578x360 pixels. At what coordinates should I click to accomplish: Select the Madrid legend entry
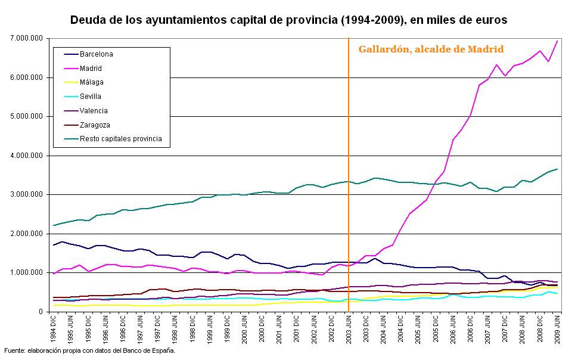point(90,69)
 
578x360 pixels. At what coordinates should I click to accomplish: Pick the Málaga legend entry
point(91,82)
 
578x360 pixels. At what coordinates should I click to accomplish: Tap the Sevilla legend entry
point(90,97)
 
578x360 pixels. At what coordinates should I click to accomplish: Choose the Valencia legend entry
point(93,111)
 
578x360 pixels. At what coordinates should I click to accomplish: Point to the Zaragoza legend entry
point(94,125)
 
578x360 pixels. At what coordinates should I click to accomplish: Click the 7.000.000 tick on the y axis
point(27,38)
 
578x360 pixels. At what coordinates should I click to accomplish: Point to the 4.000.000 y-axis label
point(27,156)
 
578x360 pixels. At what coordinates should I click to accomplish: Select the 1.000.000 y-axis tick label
point(27,273)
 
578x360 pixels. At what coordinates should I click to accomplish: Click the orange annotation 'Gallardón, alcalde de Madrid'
point(431,49)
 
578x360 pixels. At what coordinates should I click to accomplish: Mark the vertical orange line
point(349,179)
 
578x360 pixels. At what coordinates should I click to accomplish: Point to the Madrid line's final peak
point(557,41)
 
